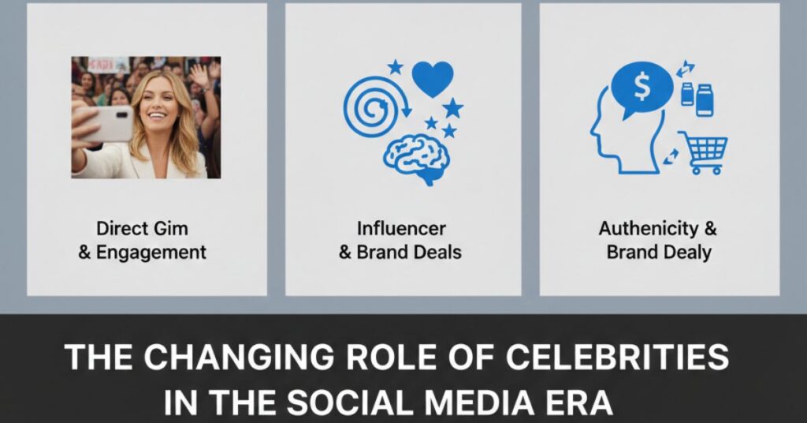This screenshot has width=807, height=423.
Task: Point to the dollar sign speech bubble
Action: click(642, 88)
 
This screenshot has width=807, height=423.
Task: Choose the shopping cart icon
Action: click(703, 152)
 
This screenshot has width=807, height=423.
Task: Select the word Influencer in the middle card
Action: click(401, 229)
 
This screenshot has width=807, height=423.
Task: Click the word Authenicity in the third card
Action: click(645, 229)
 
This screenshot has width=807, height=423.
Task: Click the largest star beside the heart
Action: click(452, 107)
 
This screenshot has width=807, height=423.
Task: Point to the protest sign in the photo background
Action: click(108, 64)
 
